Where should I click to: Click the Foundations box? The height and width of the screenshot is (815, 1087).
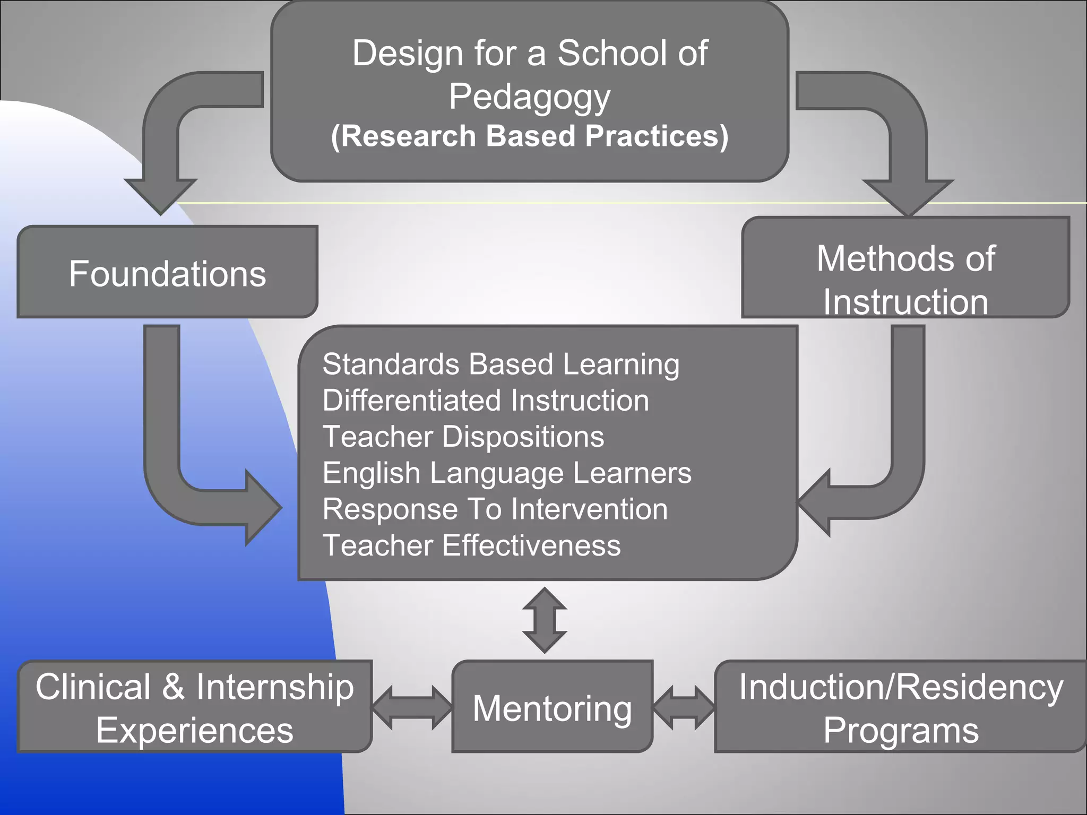[x=167, y=273]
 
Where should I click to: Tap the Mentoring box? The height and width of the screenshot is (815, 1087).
[x=552, y=707]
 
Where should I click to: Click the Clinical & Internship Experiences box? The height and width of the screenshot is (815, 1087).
[x=194, y=707]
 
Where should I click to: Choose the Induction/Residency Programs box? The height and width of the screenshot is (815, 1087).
[x=901, y=707]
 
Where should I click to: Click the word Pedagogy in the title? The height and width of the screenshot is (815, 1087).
[x=529, y=97]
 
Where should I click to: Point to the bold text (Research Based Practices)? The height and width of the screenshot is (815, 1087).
[x=529, y=136]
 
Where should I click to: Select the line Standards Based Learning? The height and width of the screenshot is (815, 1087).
[x=501, y=365]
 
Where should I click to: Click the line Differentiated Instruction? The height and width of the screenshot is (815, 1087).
[x=485, y=400]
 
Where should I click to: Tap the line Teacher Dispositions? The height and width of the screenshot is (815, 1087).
[x=463, y=436]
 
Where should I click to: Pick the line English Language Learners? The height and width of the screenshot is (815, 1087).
[x=506, y=473]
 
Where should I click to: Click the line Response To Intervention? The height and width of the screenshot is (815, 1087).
[x=495, y=509]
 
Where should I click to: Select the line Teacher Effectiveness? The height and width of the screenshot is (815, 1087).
[x=471, y=545]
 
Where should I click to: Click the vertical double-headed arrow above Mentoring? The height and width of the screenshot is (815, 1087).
[x=544, y=620]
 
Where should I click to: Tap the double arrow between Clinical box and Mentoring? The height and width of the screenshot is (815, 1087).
[x=412, y=707]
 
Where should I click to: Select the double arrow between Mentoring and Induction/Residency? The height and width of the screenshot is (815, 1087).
[x=684, y=707]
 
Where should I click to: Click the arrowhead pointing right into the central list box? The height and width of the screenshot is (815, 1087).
[x=262, y=508]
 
